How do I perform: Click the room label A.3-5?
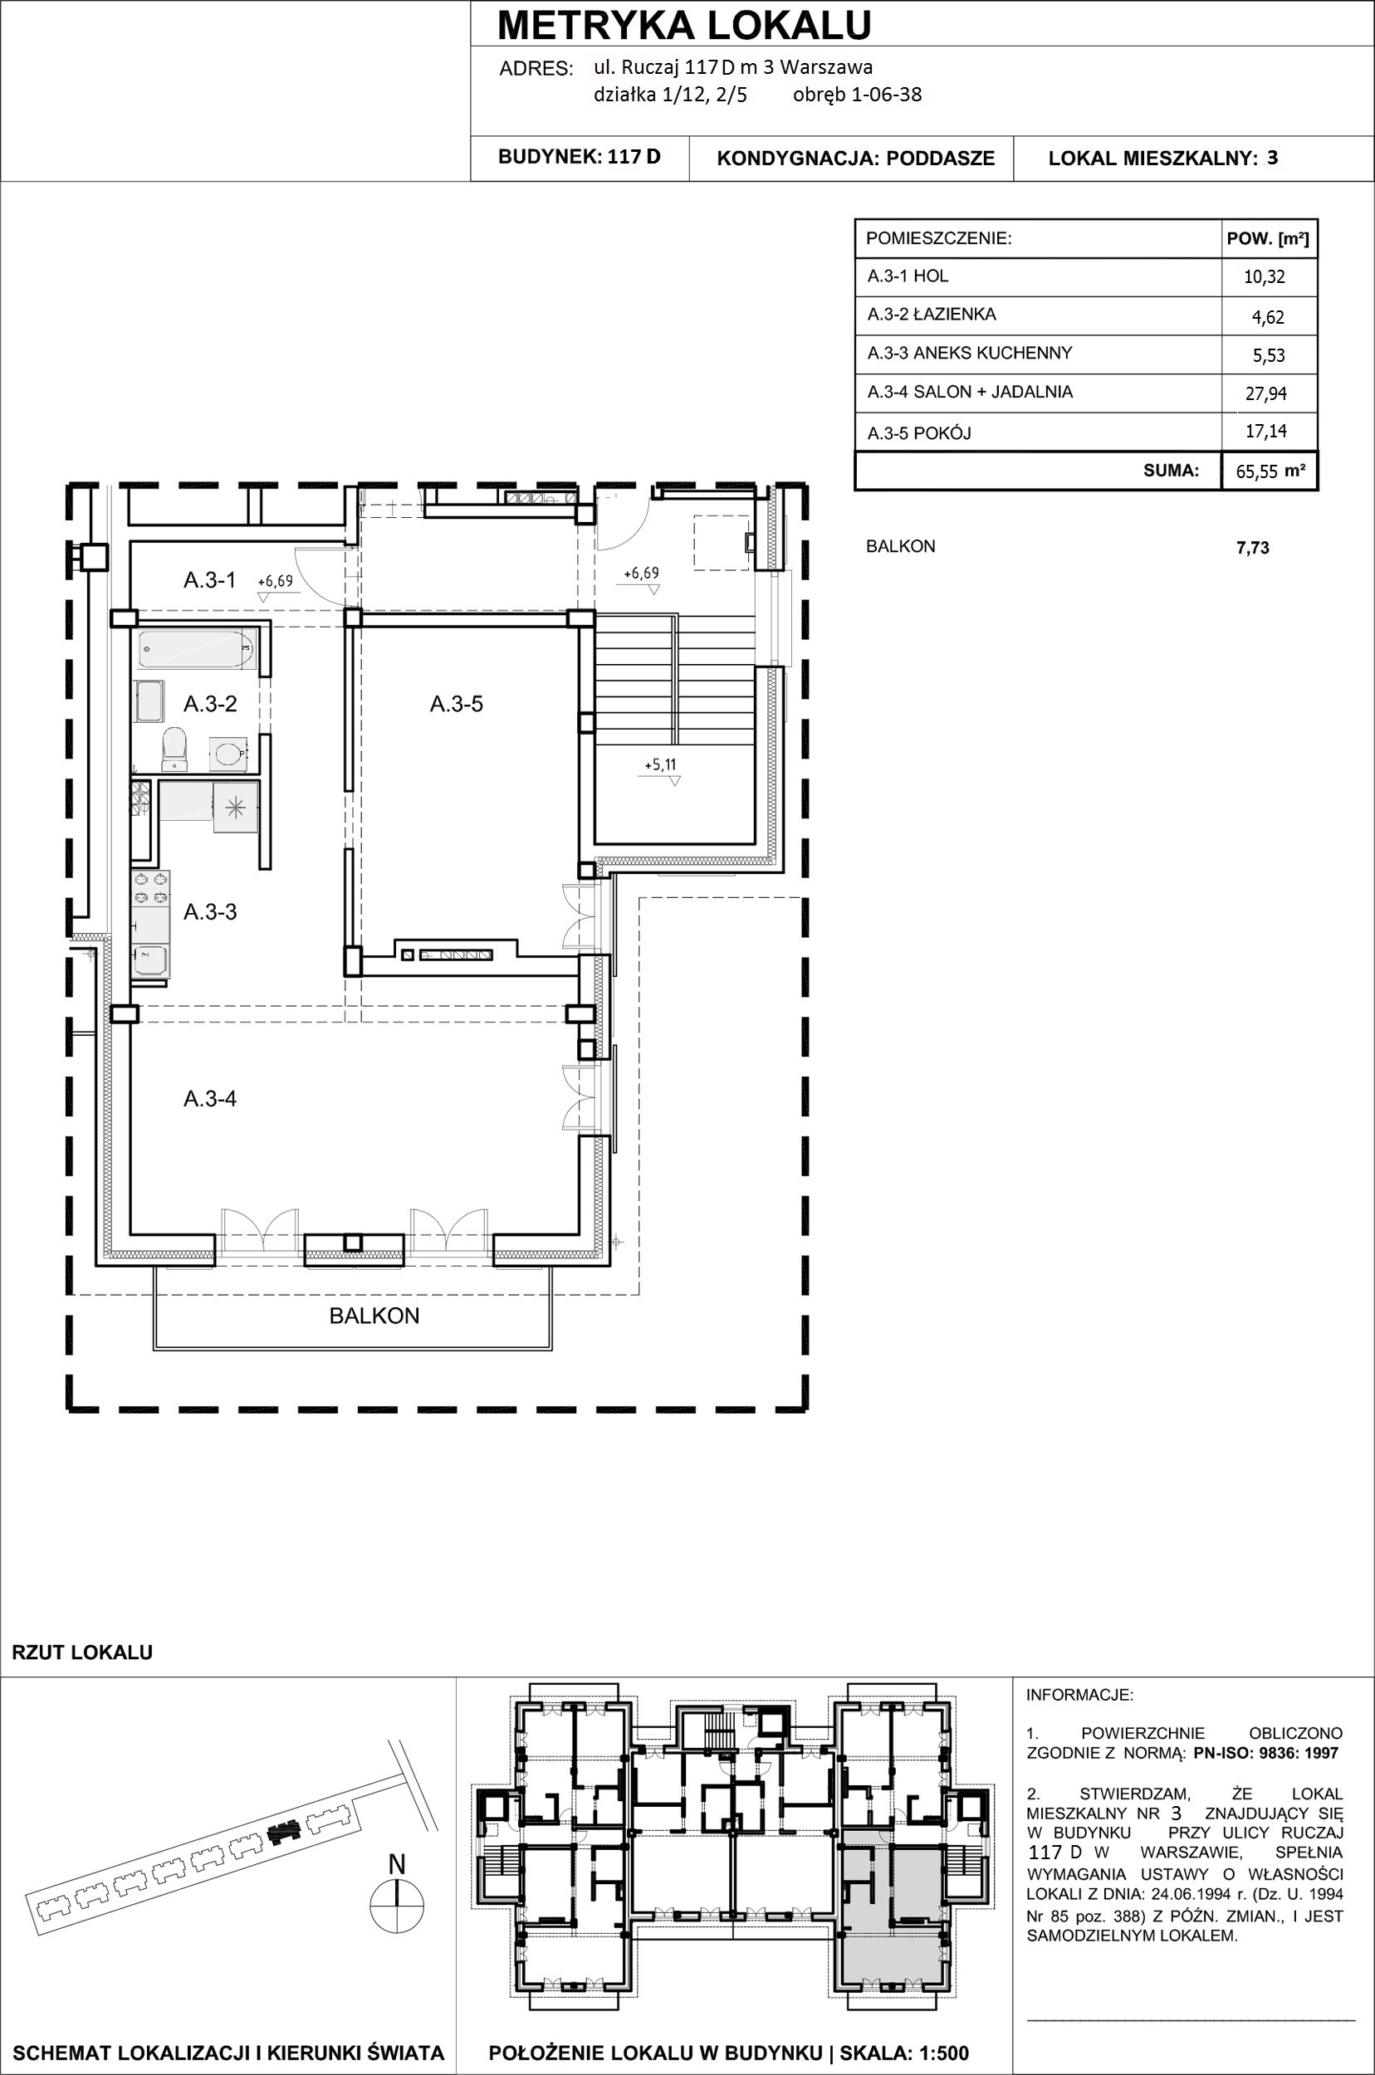[x=456, y=704]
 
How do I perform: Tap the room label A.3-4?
[x=209, y=1098]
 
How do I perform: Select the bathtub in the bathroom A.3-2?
[x=197, y=650]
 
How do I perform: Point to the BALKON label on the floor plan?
[x=374, y=1316]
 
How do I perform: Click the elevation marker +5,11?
[x=660, y=765]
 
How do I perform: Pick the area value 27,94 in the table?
[x=1266, y=393]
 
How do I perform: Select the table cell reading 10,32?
[x=1265, y=277]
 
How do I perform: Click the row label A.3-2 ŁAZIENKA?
[x=932, y=315]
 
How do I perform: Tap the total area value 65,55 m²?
[x=1270, y=471]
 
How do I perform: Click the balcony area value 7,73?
[x=1252, y=548]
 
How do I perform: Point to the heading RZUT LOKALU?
[x=82, y=1653]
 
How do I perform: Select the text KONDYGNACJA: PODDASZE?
[x=856, y=159]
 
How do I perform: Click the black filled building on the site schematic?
[x=282, y=1831]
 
